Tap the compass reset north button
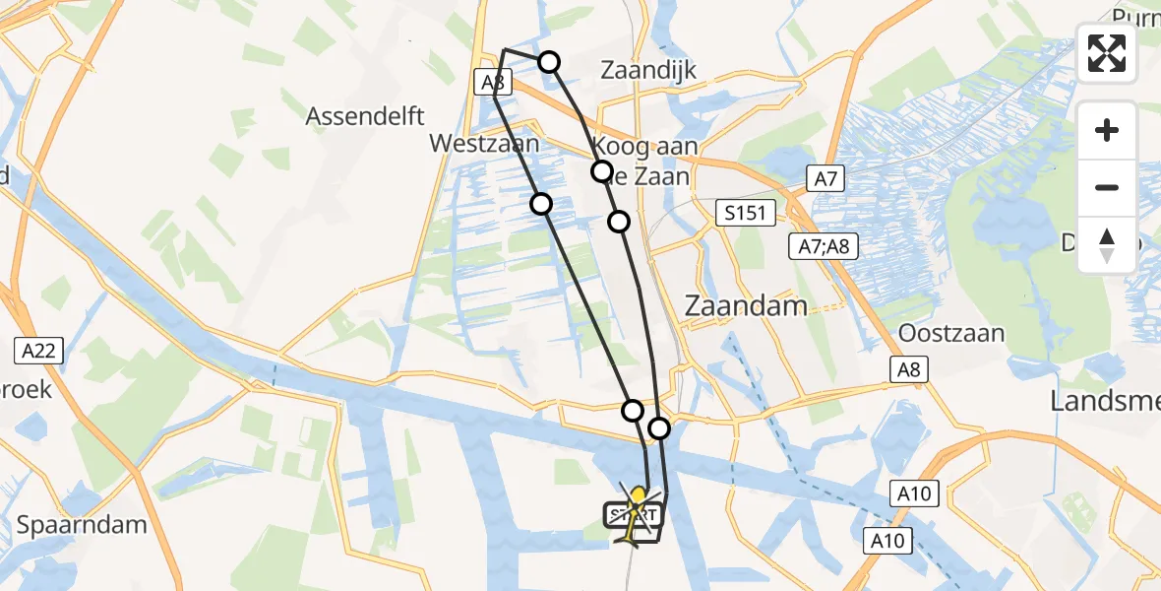click(1107, 244)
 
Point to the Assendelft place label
click(365, 116)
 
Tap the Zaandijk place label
click(647, 70)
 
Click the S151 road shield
click(746, 213)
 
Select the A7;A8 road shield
click(824, 246)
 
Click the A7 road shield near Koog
click(825, 178)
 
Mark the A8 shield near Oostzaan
click(910, 368)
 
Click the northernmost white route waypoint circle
click(549, 63)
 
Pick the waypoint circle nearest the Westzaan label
click(540, 204)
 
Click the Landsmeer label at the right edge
click(1105, 400)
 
